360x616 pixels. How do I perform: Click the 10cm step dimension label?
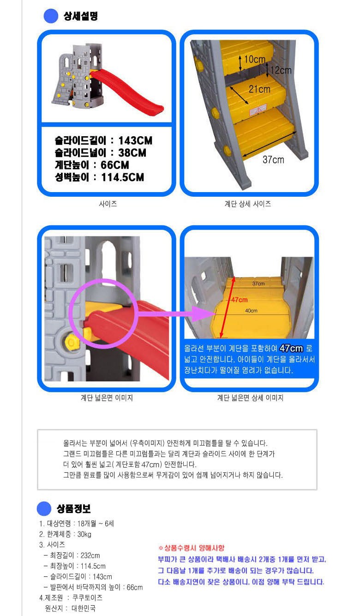pos(254,59)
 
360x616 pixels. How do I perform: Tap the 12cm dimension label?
pos(280,70)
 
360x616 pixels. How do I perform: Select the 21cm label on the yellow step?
pos(259,89)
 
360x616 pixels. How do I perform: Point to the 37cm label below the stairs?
pos(273,159)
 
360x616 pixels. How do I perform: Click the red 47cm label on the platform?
pos(239,300)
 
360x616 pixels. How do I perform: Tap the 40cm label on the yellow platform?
pos(251,311)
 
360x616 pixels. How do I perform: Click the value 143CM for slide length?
pos(135,141)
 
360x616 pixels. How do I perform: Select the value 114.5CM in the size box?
pos(123,177)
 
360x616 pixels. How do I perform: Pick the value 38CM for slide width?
pos(132,153)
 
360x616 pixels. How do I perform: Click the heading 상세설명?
pos(80,16)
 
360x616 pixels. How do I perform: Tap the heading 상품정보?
pos(74,508)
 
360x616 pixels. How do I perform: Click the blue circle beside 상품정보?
pos(44,508)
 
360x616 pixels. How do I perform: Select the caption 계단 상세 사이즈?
pos(248,204)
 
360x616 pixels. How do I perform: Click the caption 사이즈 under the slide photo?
pos(108,204)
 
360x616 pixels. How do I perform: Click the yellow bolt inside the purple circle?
pos(88,333)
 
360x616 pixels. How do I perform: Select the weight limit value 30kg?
pos(84,534)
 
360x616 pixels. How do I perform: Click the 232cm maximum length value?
pos(90,555)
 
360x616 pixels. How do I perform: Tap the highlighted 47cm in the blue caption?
pos(291,349)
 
